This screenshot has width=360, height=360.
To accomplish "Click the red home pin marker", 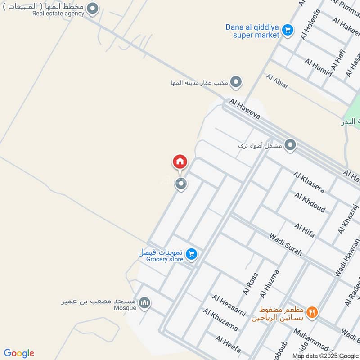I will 180,161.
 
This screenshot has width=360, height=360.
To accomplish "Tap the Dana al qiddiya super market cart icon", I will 288,31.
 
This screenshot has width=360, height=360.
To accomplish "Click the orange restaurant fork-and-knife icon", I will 312,311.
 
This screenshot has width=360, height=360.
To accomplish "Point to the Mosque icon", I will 144,303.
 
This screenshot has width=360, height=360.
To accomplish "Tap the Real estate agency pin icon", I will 92,9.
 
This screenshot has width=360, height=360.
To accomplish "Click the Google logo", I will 19,353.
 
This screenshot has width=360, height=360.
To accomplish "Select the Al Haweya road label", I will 244,109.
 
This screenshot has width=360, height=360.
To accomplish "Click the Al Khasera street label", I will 309,182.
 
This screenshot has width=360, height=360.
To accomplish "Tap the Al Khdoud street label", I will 310,202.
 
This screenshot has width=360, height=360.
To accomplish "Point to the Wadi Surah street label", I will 286,244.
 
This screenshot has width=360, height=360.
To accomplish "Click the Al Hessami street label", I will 229,306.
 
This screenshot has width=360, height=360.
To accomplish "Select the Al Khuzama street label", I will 220,319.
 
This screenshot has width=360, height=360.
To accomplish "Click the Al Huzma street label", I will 270,283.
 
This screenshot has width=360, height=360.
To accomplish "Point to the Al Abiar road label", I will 277,81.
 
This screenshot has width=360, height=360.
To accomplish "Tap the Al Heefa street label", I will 228,344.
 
